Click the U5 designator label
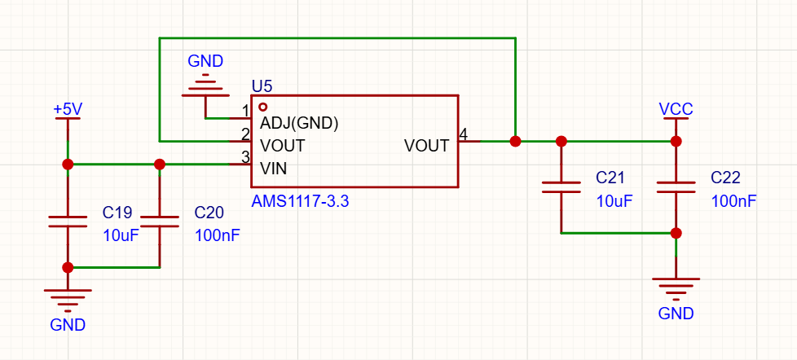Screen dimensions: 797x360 [x=262, y=87]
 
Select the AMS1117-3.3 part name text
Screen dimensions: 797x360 [x=301, y=202]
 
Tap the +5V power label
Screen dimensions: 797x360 [x=68, y=109]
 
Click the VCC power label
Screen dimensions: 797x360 [x=676, y=109]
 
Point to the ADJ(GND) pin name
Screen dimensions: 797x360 [x=299, y=123]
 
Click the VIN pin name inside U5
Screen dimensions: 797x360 [x=274, y=168]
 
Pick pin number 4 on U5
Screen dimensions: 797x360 [x=463, y=134]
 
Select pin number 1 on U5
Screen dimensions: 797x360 [x=245, y=112]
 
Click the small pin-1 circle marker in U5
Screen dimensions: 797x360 [x=262, y=108]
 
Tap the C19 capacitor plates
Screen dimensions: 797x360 [x=68, y=221]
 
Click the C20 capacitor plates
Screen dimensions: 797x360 [x=160, y=221]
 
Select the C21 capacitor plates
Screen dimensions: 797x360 [x=561, y=187]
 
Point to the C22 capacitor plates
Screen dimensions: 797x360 [x=676, y=187]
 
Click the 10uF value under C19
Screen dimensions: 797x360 [x=121, y=235]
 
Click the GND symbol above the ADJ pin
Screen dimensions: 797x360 [x=205, y=84]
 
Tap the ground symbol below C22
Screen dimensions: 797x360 [x=676, y=289]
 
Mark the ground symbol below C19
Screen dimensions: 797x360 [x=68, y=301]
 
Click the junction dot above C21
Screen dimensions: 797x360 [x=561, y=141]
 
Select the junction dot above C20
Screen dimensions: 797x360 [x=160, y=164]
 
